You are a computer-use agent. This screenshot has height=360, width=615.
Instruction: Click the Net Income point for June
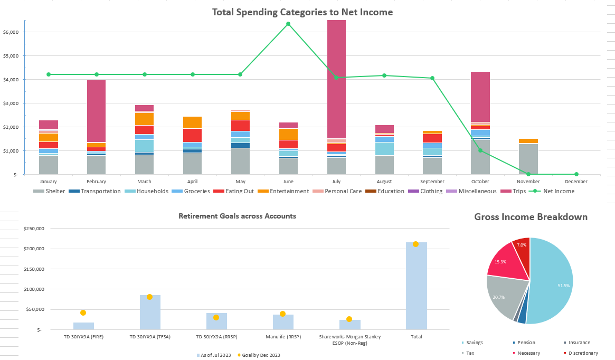click(288, 24)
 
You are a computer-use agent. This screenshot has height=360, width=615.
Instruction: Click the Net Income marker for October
click(480, 150)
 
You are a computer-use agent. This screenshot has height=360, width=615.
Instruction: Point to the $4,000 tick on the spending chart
click(11, 80)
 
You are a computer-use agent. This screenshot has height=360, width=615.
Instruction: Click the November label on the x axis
click(528, 182)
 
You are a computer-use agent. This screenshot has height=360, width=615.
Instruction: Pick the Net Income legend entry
click(559, 191)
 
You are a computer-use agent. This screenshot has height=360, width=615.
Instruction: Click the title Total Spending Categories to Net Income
click(302, 12)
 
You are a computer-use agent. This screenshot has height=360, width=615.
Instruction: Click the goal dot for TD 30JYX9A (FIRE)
click(83, 313)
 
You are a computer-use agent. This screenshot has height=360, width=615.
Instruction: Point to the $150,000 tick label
click(32, 269)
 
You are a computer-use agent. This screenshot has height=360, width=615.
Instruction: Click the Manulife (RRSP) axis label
click(283, 336)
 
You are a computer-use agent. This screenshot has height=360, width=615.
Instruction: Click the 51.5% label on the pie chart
click(564, 286)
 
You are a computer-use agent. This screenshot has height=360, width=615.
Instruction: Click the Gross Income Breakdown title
click(531, 217)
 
